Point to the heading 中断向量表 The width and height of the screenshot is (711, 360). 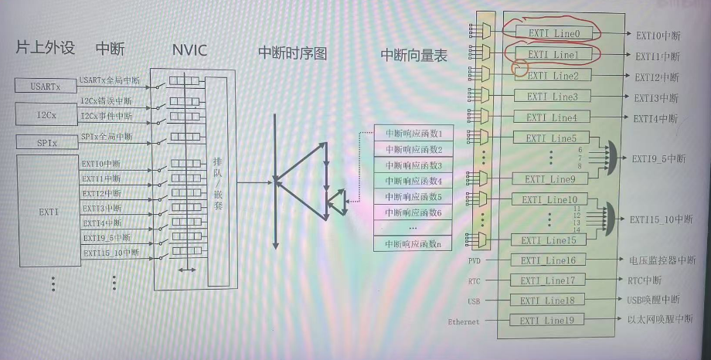414,55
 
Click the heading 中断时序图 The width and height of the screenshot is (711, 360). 293,53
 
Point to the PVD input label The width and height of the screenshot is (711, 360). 475,261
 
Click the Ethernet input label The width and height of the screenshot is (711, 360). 464,321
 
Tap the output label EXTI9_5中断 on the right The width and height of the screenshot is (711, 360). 658,158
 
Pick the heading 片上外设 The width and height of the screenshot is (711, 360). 46,49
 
